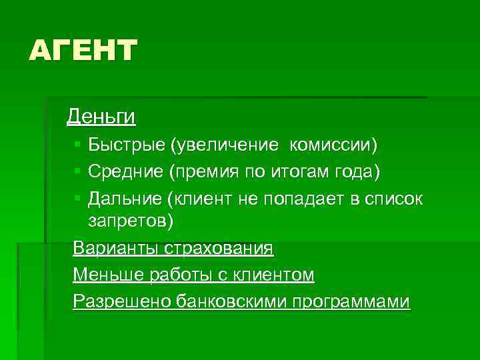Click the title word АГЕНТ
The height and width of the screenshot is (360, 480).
[83, 51]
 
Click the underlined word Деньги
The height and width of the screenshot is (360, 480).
[101, 117]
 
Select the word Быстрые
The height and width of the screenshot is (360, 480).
[126, 145]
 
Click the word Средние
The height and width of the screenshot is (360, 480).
[126, 172]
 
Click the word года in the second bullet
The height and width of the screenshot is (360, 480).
[357, 173]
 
